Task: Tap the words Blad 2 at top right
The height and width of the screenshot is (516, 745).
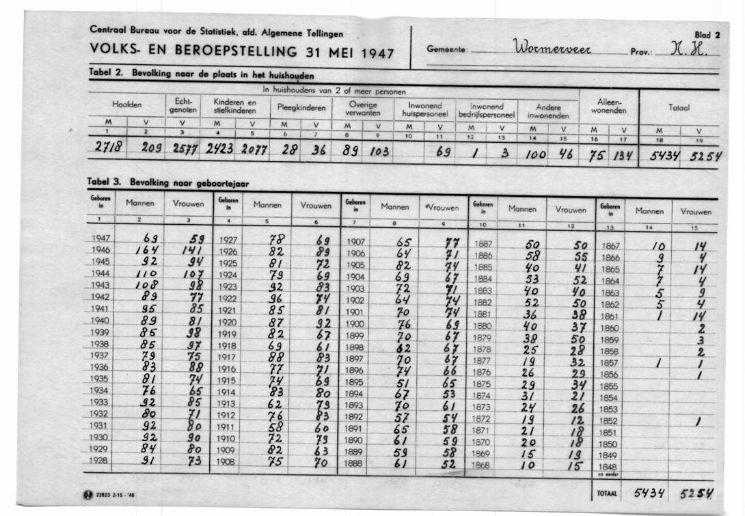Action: click(x=707, y=35)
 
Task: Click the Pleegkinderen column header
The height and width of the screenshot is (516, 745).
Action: click(x=300, y=107)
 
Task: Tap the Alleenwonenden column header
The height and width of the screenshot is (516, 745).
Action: click(x=608, y=106)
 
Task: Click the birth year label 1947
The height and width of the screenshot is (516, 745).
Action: click(x=100, y=239)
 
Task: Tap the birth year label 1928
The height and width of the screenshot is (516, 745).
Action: click(x=100, y=461)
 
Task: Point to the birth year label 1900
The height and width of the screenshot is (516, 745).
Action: click(x=355, y=323)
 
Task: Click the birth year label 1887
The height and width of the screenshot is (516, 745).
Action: click(x=483, y=243)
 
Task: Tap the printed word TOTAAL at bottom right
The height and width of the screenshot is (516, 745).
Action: click(x=608, y=492)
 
